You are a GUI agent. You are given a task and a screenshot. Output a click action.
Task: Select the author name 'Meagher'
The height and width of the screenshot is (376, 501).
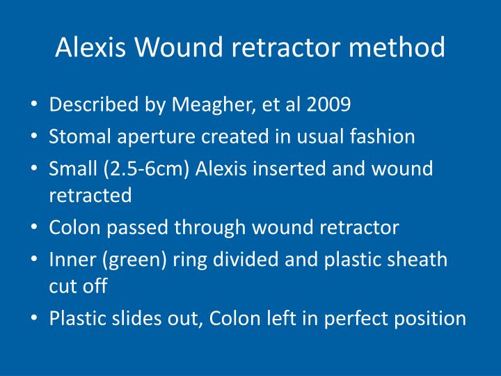(212, 105)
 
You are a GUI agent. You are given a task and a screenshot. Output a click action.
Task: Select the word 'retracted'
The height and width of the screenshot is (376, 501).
(90, 196)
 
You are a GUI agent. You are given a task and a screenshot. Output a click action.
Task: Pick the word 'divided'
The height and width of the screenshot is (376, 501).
(230, 259)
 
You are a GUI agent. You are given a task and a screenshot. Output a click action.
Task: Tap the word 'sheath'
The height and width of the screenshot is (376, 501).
(420, 259)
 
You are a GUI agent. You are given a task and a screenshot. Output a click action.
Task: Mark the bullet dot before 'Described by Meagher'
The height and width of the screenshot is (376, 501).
(35, 106)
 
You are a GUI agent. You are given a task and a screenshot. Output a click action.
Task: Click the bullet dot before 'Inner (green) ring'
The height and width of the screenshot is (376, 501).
(35, 260)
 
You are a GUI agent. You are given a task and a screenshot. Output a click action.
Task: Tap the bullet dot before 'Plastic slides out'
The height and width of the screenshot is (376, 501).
(35, 319)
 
